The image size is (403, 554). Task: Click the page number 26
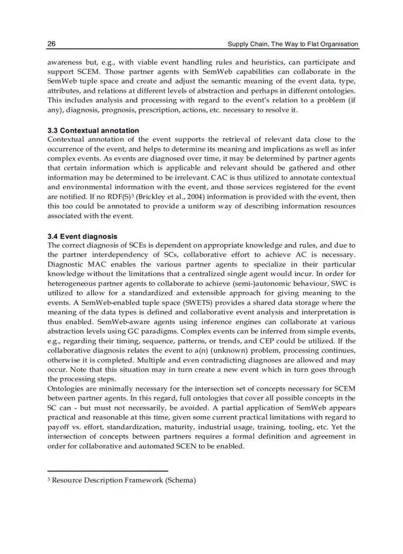point(51,44)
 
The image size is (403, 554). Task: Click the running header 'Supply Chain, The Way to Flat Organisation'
point(292,44)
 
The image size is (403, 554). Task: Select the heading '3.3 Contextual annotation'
point(93,131)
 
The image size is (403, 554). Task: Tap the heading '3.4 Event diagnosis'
point(82,236)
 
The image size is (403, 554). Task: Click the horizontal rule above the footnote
point(108,471)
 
